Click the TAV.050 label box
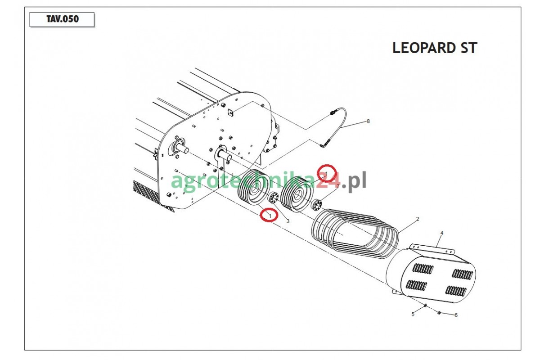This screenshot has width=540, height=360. pos(62,19)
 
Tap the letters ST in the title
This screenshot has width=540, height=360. pos(468,48)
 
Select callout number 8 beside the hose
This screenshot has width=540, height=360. pos(368,121)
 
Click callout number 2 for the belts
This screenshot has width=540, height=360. pos(418,219)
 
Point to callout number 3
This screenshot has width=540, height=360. pos(288,221)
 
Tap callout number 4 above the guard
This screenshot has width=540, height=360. pos(442,233)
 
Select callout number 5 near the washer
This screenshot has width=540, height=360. pos(413,315)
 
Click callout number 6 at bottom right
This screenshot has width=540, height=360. pos(456,315)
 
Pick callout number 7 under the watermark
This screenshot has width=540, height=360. pos(338,186)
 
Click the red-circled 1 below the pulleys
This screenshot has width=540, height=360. pos(269,215)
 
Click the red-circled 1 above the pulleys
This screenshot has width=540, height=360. pos(326,173)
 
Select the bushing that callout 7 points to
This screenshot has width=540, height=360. pos(317,204)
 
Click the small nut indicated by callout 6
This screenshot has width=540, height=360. pos(439,313)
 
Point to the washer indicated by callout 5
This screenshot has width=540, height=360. pos(426,306)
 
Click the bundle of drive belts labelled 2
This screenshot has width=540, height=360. pos(355,234)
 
